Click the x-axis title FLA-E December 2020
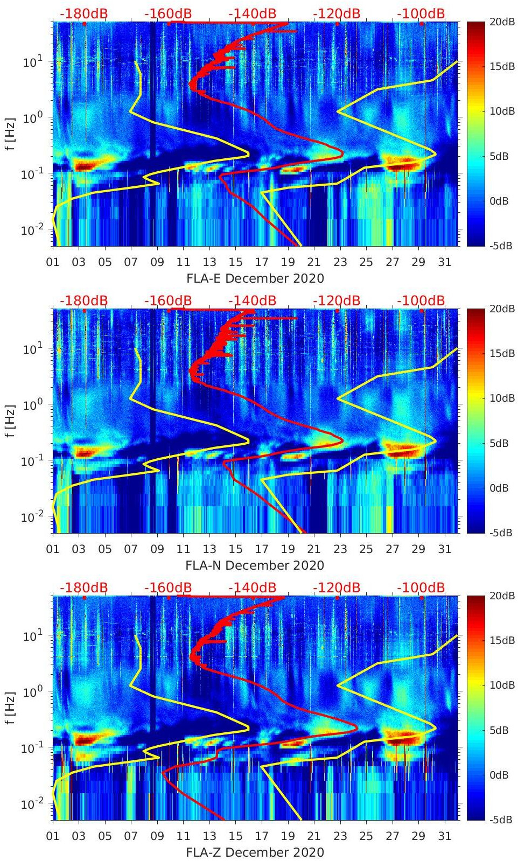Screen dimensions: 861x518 [x=255, y=278]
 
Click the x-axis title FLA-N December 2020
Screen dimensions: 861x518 [x=255, y=565]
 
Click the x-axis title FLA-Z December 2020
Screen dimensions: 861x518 [x=255, y=852]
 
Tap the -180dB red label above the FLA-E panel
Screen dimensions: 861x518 [x=83, y=13]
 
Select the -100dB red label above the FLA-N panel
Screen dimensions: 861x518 [x=421, y=300]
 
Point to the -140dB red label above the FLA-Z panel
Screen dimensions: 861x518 [x=252, y=587]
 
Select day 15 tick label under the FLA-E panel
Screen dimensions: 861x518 [x=235, y=263]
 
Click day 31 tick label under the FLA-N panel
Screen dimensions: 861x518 [x=444, y=550]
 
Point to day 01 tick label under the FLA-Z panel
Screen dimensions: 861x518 [x=53, y=837]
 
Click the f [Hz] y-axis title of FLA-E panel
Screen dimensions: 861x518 [x=10, y=134]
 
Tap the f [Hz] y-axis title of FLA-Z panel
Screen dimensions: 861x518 [x=10, y=708]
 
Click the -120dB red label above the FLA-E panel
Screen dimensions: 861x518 [x=337, y=13]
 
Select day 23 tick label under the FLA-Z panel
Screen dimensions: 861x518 [x=340, y=837]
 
